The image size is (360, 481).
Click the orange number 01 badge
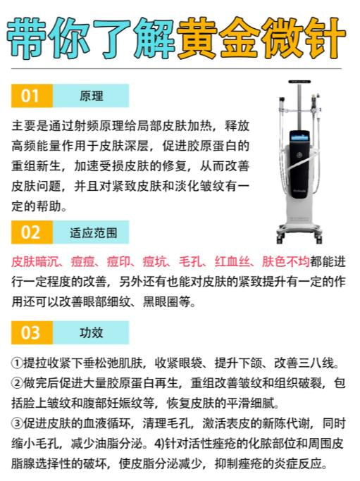point(32,96)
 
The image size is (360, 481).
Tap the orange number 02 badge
point(32,232)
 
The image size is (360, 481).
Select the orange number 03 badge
point(32,333)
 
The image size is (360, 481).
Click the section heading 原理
point(91,96)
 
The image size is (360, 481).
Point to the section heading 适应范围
point(93,232)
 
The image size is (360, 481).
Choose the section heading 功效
point(91,333)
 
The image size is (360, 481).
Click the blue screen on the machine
point(300,136)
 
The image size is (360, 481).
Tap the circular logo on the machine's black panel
point(299,155)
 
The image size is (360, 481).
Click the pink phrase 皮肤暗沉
point(34,262)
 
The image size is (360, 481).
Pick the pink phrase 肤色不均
point(286,262)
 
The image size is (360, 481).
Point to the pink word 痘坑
point(155,262)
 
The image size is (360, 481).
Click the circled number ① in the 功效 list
point(17,363)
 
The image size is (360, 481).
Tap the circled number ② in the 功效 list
point(17,383)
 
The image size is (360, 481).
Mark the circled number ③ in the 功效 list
point(17,424)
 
